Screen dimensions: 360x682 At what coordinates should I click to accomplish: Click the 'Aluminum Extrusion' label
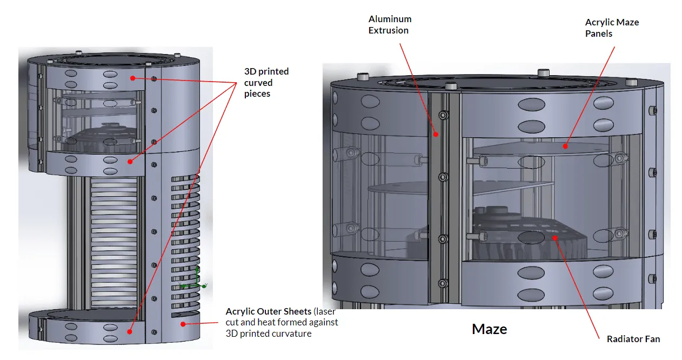(390, 25)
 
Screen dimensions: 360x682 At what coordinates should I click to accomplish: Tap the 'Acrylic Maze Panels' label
(612, 28)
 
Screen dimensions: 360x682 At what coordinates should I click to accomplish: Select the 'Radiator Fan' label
(633, 339)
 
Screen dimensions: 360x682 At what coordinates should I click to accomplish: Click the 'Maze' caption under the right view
(489, 329)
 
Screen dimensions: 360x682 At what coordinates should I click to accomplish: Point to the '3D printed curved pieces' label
(266, 82)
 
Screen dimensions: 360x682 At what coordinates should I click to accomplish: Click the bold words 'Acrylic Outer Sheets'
(268, 311)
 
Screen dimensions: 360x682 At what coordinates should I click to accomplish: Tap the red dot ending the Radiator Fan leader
(554, 236)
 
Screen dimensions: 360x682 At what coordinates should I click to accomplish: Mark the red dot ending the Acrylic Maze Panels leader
(565, 145)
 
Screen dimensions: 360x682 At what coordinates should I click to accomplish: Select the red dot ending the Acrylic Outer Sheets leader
(183, 324)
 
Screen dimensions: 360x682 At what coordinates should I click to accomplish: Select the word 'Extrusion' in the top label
(389, 30)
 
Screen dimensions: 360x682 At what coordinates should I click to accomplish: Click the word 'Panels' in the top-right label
(598, 34)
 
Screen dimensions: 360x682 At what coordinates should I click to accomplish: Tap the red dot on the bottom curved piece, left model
(130, 329)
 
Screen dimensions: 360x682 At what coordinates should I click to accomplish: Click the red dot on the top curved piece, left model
(132, 78)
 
